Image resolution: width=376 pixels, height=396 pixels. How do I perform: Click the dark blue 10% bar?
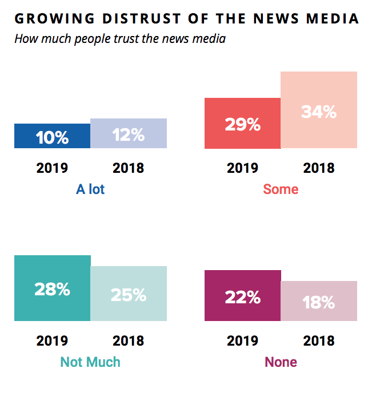click(52, 136)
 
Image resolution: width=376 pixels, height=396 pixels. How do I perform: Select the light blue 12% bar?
click(129, 133)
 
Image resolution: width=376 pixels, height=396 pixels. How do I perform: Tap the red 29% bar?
click(242, 123)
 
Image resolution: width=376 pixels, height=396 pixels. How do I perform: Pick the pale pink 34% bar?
click(319, 110)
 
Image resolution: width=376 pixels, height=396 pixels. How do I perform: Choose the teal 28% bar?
click(52, 288)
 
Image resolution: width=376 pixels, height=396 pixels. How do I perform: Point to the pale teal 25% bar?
click(129, 294)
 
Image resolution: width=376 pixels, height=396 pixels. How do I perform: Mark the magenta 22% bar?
click(242, 295)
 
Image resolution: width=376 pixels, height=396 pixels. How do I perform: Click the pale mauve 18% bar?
click(319, 301)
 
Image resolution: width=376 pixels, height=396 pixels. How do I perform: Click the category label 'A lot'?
click(90, 189)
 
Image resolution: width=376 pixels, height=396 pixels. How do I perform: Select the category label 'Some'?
click(281, 189)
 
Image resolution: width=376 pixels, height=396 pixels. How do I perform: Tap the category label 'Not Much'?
click(90, 362)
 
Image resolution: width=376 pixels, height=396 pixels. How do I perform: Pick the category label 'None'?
click(281, 362)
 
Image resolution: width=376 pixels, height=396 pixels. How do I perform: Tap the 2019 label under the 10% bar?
click(52, 168)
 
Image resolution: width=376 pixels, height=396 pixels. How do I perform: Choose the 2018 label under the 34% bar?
click(319, 168)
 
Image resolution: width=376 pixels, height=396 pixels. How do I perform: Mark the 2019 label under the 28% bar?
click(52, 341)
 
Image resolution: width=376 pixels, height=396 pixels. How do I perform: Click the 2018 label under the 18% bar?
click(319, 341)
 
